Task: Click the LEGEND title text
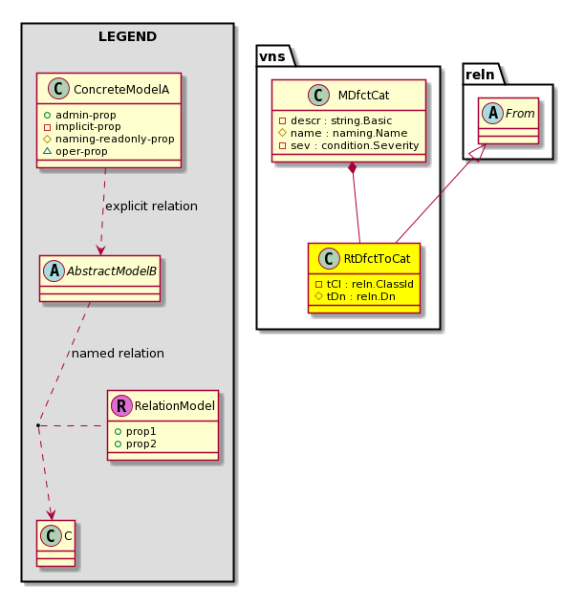coord(127,36)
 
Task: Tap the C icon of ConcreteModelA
coord(58,89)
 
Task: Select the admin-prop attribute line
coord(80,115)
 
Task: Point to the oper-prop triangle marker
coord(47,151)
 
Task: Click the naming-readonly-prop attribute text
coord(115,139)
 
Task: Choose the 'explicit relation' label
coord(151,206)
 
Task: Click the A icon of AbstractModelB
coord(54,271)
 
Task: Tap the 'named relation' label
coord(118,354)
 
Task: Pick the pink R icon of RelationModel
coord(121,405)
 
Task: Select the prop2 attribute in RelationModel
coord(136,444)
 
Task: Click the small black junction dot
coord(38,425)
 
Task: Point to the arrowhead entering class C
coord(51,514)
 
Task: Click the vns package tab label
coord(272,56)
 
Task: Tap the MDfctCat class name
coord(363,95)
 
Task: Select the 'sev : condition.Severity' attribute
coord(349,145)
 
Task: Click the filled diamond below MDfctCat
coord(352,168)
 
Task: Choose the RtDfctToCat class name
coord(378,259)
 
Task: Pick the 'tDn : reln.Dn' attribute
coord(356,296)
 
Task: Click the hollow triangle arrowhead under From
coord(478,153)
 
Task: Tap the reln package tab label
coord(480,75)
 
